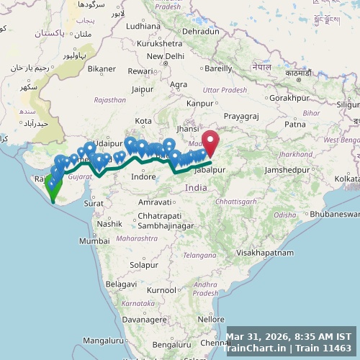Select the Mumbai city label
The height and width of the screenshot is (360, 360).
coord(94,241)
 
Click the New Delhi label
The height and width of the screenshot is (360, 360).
coord(166,56)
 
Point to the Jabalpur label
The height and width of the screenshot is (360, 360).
coord(210,170)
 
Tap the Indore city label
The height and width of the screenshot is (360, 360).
coord(143,176)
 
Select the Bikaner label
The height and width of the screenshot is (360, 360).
coord(102,68)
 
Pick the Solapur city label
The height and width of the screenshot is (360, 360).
coord(144,265)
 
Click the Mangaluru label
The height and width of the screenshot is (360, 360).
coord(103,340)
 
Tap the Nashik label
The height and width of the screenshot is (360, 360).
coord(109,223)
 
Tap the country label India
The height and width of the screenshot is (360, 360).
coord(196,187)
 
